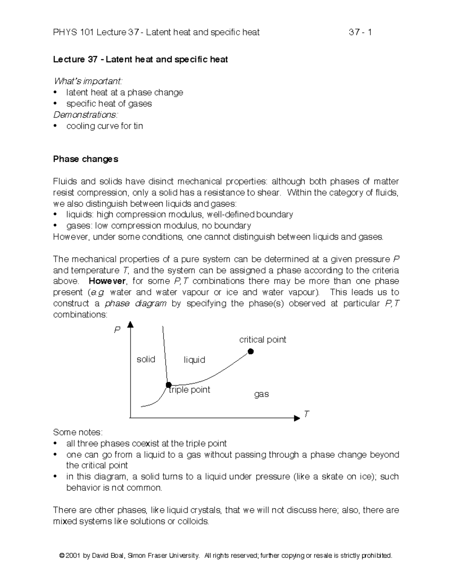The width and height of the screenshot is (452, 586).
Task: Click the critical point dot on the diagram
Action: tap(250, 352)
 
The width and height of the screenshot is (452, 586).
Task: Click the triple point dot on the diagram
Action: tap(169, 385)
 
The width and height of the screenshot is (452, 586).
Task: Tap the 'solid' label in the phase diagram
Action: tap(146, 359)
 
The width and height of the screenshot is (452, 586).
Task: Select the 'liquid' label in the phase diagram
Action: tap(194, 360)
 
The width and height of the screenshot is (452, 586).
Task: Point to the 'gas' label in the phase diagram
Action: tap(261, 394)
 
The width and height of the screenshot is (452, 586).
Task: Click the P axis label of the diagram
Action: tap(117, 330)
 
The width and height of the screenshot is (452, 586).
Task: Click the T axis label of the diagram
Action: tap(306, 414)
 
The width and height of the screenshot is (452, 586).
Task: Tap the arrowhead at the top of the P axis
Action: tap(130, 325)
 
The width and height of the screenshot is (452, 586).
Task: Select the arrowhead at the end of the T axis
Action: tap(297, 418)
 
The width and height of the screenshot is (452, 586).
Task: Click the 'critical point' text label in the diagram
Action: tap(263, 340)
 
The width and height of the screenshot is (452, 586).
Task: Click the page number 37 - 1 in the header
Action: tap(360, 32)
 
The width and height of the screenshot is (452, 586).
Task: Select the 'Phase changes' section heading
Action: tap(86, 159)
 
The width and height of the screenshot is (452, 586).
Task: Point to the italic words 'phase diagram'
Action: tap(135, 303)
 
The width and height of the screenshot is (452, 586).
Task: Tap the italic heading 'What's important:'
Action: tap(88, 81)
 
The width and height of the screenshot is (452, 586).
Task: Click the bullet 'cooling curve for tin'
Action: tap(104, 126)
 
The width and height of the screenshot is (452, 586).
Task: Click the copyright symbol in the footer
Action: tap(62, 555)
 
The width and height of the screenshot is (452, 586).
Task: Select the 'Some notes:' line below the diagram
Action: tap(78, 432)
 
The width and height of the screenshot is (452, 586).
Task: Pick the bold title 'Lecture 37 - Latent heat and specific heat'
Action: tap(140, 60)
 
